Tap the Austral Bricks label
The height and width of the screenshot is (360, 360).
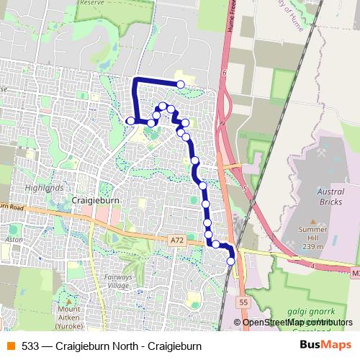click(331, 197)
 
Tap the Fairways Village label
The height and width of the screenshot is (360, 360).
click(119, 281)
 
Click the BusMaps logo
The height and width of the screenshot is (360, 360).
click(327, 346)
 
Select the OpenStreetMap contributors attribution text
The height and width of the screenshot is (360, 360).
click(297, 322)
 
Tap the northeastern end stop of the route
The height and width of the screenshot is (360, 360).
click(181, 85)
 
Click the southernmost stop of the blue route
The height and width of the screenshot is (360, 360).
click(231, 262)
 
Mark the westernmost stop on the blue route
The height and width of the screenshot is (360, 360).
click(130, 120)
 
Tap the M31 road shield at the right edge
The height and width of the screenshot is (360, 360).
click(356, 274)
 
